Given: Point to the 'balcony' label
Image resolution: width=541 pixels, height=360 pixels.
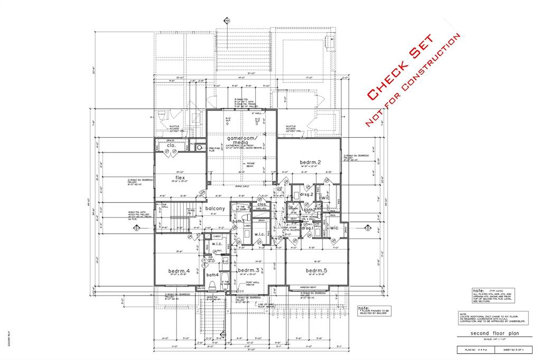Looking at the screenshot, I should pos(216,209).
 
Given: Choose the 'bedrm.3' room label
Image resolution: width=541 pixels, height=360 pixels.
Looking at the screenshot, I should pos(248,270).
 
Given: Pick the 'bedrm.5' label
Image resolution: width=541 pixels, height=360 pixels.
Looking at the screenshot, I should pos(316,270).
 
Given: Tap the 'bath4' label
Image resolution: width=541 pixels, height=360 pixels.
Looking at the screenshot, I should pos(212,274).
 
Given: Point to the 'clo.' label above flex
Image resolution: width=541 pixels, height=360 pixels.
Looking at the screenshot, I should pos(171,145).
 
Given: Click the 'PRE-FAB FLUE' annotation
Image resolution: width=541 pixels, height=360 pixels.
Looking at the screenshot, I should pos(214,149).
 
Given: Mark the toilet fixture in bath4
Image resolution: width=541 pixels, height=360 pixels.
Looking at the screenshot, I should pos(212,286).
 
